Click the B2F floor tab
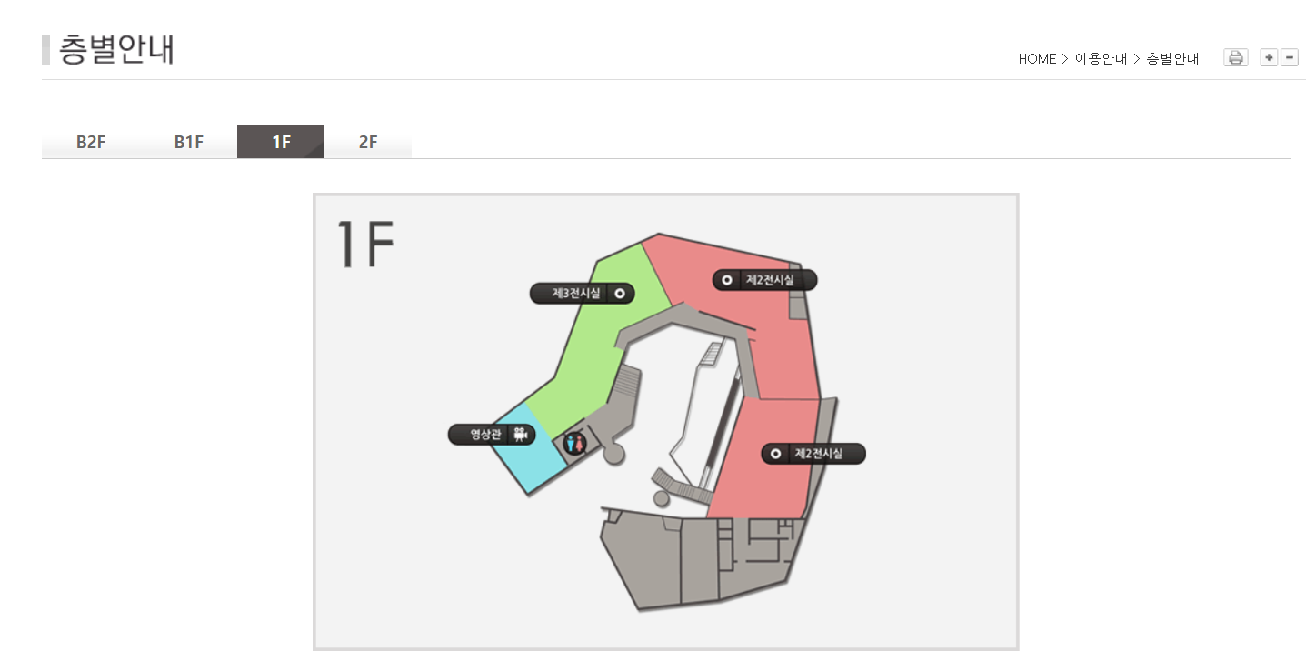(x=91, y=142)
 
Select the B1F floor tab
(x=188, y=142)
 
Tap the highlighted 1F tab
(x=281, y=142)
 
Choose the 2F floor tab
(x=368, y=142)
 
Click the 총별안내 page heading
(x=116, y=49)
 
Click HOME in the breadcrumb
(x=1037, y=59)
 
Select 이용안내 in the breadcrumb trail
(x=1101, y=59)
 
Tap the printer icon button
(x=1235, y=58)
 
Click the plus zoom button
(x=1269, y=58)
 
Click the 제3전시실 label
(x=582, y=294)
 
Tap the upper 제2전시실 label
(x=765, y=280)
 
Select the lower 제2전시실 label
(x=813, y=454)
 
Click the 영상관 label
(x=492, y=434)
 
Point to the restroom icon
(x=575, y=444)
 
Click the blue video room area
(x=530, y=448)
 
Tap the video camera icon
(x=521, y=434)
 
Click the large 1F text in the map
(x=365, y=244)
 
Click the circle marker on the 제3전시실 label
(x=620, y=294)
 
